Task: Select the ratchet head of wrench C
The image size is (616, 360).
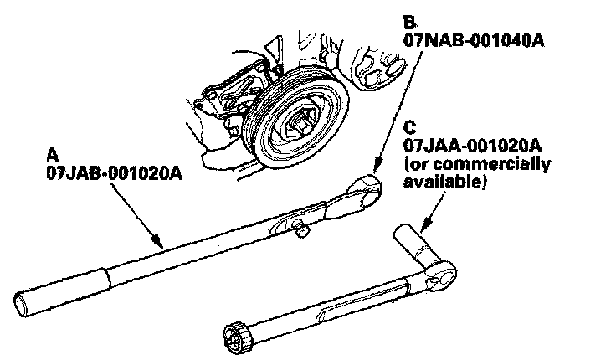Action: click(x=444, y=271)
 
